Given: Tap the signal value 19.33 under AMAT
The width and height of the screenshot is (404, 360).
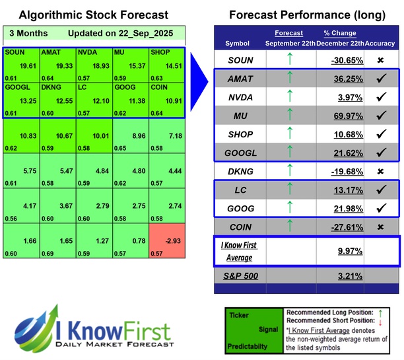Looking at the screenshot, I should [x=65, y=67].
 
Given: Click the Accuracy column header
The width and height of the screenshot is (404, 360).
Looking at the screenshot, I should [x=380, y=43].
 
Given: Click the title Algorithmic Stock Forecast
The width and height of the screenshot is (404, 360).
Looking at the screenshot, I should [x=94, y=15].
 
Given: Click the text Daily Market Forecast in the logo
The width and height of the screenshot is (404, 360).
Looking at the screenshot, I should [x=112, y=344].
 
